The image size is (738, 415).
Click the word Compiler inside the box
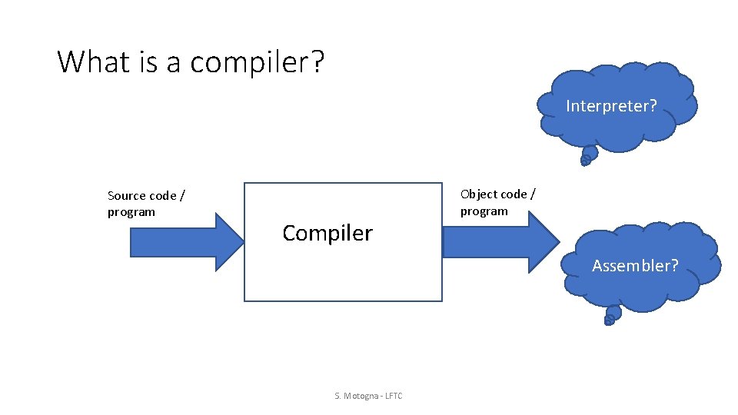click(x=327, y=233)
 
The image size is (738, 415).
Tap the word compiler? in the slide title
click(x=258, y=61)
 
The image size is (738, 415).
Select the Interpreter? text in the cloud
click(x=611, y=106)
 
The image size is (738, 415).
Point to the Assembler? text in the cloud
click(x=635, y=266)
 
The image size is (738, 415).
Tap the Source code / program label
click(x=145, y=204)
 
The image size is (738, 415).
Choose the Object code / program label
click(x=497, y=203)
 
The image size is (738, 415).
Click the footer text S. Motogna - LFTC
click(x=368, y=396)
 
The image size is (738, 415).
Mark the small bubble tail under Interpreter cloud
click(x=587, y=157)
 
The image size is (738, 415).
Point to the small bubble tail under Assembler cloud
click(x=612, y=315)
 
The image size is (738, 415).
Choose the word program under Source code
click(x=131, y=212)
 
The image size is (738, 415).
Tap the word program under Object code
click(x=484, y=211)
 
